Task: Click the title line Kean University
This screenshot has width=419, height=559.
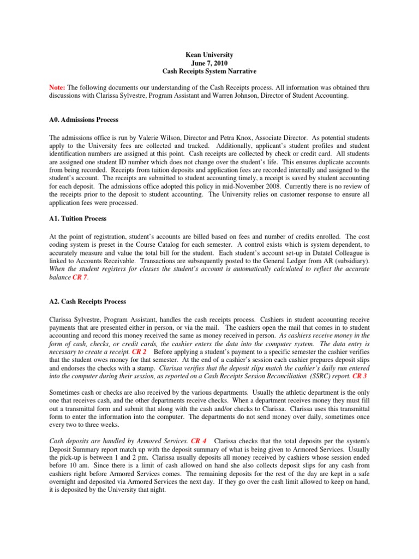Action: (x=209, y=55)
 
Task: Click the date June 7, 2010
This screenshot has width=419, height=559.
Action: (x=209, y=63)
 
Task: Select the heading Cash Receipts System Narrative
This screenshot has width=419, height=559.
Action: (x=209, y=72)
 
